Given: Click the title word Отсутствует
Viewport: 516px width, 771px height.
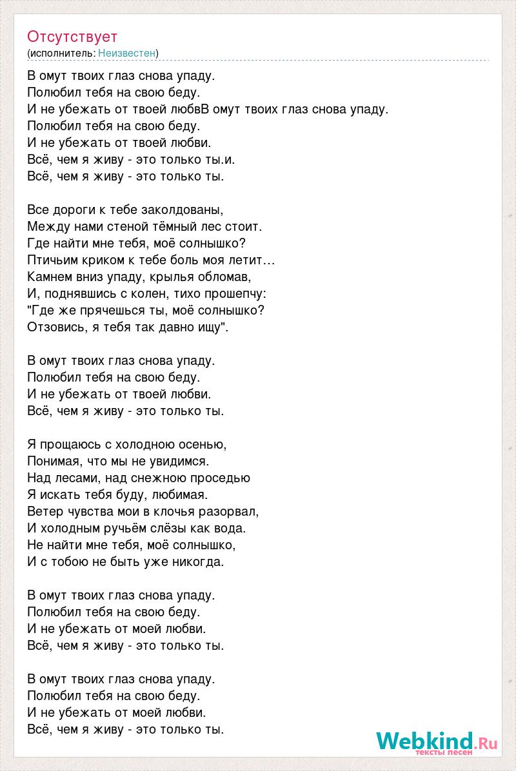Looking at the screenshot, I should click(72, 36).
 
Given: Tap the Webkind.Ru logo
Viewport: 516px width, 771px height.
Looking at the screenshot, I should click(437, 741).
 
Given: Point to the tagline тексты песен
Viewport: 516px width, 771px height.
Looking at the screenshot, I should click(444, 752).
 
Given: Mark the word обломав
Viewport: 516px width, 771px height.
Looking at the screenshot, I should click(219, 277).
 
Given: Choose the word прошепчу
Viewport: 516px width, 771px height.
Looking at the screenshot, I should click(235, 293).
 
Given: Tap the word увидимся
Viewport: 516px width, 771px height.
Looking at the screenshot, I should click(184, 461).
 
